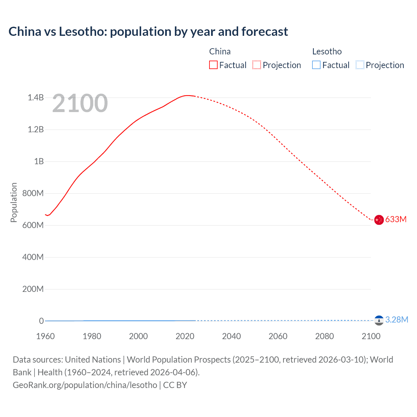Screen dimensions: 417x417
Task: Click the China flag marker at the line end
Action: point(379,220)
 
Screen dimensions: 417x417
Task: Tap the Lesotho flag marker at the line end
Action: point(379,321)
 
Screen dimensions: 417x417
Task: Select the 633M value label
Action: point(396,219)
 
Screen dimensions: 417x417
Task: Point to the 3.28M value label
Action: point(396,320)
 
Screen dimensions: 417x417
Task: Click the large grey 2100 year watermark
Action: point(80,103)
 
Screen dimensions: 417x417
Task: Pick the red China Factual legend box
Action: point(213,65)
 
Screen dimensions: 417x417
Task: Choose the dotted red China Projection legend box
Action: point(257,65)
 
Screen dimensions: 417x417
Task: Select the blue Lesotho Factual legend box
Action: point(316,65)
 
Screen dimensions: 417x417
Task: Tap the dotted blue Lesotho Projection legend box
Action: point(360,65)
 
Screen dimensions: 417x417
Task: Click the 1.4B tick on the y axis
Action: point(36,97)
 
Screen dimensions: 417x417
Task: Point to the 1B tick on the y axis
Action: point(39,161)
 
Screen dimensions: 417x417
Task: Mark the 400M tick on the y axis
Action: point(33,257)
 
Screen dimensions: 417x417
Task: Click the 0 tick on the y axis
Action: point(41,321)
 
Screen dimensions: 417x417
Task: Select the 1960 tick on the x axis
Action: point(45,336)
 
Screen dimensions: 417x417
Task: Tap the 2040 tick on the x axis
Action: point(231,336)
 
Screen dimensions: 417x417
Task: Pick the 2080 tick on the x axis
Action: point(324,336)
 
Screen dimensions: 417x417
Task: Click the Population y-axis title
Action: point(14,202)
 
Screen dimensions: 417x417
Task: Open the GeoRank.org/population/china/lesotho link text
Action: point(85,385)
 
